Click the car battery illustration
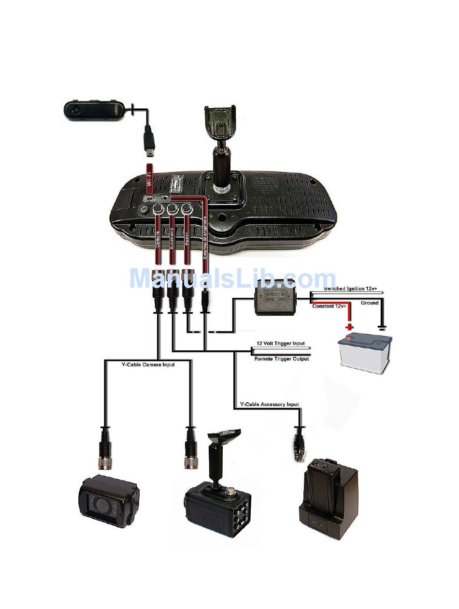(x=365, y=352)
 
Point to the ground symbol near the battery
(x=382, y=328)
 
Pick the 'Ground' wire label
(x=370, y=303)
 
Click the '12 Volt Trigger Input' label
(x=280, y=343)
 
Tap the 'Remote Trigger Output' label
(x=281, y=359)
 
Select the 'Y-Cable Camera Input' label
(x=148, y=364)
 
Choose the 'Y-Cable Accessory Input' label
(x=269, y=404)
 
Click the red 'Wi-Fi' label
(x=149, y=178)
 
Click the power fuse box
(x=274, y=297)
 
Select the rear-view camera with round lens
(x=109, y=502)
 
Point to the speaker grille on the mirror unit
(x=265, y=182)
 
